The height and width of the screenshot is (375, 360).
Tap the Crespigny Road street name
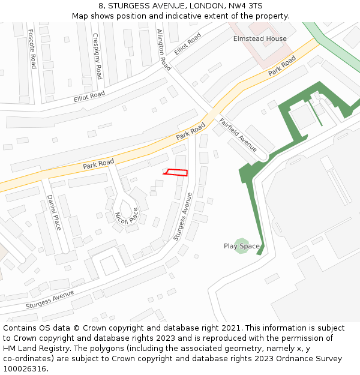[x=97, y=56]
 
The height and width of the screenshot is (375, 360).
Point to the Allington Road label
[x=163, y=50]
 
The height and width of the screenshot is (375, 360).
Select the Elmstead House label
[x=260, y=38]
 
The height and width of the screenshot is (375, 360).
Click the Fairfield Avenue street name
[x=238, y=134]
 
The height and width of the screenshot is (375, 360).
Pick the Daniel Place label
[x=54, y=212]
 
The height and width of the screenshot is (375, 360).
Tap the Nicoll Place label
[x=127, y=217]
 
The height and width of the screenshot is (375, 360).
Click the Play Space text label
[x=241, y=246]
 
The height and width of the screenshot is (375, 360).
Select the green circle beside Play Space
[x=242, y=245]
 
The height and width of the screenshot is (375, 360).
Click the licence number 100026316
[x=25, y=368]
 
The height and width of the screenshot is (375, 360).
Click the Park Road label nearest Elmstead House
[x=282, y=66]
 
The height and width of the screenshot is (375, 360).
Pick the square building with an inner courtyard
[x=109, y=265]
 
